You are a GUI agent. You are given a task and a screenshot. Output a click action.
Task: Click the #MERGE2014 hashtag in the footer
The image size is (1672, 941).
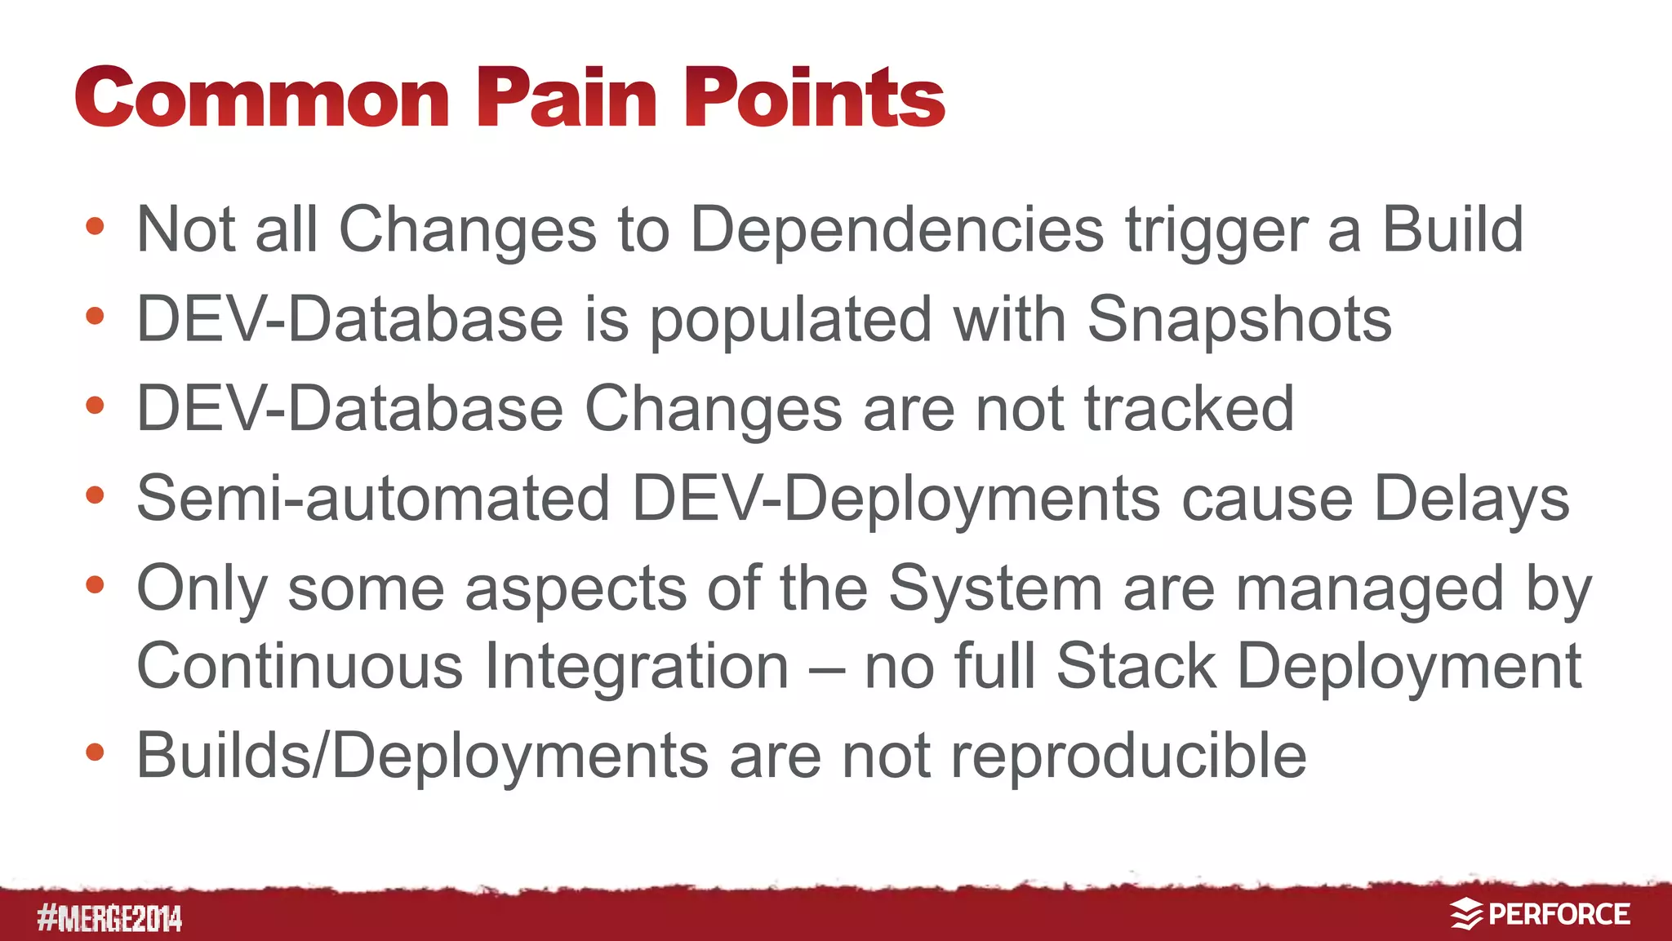(109, 919)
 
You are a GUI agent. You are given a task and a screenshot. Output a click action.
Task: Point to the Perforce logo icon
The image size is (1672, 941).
(1466, 914)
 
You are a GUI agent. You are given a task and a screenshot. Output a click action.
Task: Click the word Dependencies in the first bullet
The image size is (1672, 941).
(897, 229)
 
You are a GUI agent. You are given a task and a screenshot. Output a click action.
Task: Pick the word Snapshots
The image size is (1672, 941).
(1238, 319)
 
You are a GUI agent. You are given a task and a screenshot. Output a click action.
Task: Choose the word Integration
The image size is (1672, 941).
(636, 666)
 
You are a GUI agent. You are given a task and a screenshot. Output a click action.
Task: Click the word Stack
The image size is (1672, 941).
(1136, 666)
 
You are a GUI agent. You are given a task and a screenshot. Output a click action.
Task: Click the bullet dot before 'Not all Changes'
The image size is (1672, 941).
(95, 226)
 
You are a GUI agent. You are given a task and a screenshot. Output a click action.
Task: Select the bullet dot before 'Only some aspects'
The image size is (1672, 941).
(95, 584)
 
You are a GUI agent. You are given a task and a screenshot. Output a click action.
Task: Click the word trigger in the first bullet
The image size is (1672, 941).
(1216, 231)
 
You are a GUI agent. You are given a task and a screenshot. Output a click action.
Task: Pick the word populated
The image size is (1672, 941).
(790, 321)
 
